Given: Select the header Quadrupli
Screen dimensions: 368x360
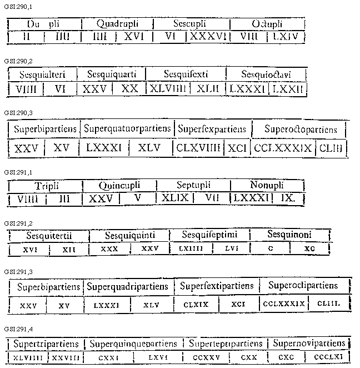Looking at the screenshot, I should tap(117, 24).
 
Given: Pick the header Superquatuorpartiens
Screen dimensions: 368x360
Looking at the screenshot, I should tap(127, 129).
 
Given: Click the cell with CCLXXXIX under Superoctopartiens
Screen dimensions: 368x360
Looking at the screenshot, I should tap(282, 148).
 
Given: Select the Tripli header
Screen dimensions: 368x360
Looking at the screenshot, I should tap(46, 185).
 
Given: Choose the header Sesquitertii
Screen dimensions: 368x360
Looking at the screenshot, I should tap(49, 235).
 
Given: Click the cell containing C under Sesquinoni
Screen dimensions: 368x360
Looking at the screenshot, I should tap(271, 249).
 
